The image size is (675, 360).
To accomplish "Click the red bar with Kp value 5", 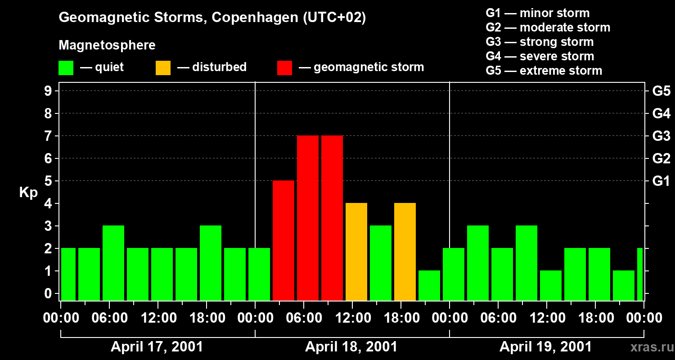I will click(283, 240).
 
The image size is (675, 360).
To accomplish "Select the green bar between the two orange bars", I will click(381, 263).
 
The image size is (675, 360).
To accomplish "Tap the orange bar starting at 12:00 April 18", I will click(356, 252).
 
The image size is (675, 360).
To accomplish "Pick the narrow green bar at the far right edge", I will click(640, 274).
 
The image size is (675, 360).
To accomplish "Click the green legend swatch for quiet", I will click(66, 67).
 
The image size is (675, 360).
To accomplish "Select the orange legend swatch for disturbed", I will click(163, 67).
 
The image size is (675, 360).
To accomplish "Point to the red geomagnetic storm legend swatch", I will click(284, 67).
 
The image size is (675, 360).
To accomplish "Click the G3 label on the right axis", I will click(661, 136).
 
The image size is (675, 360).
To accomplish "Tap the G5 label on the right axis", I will click(661, 91).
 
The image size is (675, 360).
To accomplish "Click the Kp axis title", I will click(28, 192).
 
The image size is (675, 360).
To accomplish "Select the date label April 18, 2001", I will click(351, 347).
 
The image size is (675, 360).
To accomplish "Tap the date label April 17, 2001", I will click(157, 347).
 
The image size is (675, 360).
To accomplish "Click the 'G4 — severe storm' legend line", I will click(540, 56).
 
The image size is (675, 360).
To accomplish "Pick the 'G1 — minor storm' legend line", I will click(537, 13).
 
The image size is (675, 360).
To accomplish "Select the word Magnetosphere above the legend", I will click(107, 45).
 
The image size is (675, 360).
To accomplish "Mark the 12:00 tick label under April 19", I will click(547, 318).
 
